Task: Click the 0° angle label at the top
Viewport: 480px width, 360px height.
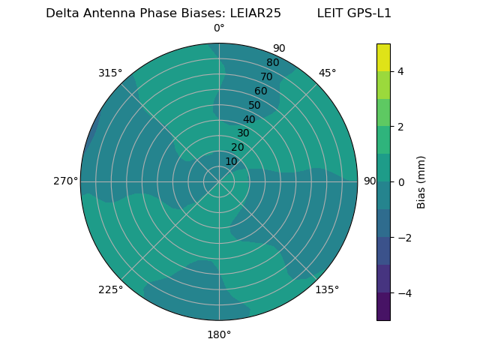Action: [219, 28]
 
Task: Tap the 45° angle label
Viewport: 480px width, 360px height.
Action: [327, 73]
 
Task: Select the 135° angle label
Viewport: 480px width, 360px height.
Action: [327, 289]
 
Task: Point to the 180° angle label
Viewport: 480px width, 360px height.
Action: [219, 334]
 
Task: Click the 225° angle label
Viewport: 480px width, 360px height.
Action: [110, 289]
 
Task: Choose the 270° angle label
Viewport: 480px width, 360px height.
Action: [65, 181]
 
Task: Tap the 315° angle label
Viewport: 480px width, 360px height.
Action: [110, 73]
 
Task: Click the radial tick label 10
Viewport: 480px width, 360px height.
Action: [231, 161]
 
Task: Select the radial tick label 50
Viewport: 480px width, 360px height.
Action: [255, 106]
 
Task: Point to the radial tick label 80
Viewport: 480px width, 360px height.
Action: [272, 63]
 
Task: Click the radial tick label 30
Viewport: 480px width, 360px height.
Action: [243, 133]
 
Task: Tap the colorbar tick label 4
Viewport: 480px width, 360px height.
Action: [400, 71]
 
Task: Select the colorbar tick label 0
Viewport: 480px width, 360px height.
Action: [400, 181]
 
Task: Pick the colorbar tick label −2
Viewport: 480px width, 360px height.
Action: [403, 237]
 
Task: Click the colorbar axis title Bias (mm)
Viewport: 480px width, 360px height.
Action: [421, 182]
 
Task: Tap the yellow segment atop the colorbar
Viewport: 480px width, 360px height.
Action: [383, 57]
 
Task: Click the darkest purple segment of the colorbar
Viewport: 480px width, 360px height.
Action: [383, 306]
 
